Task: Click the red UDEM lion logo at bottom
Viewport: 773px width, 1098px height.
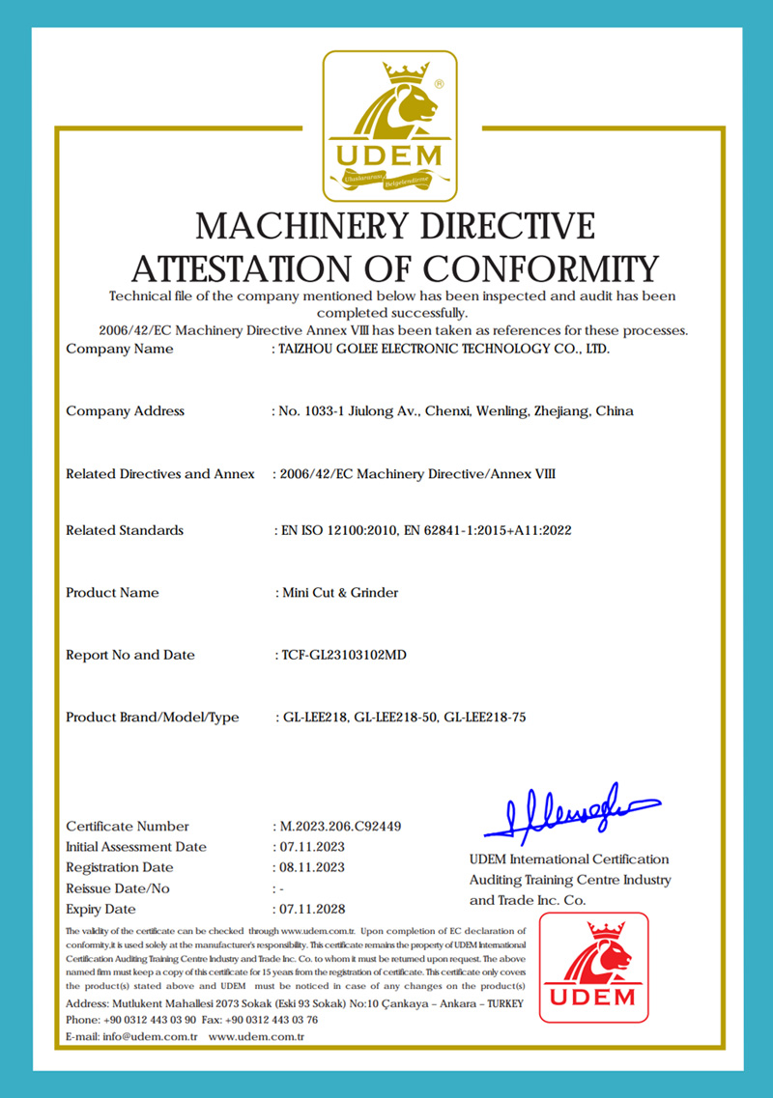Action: point(593,967)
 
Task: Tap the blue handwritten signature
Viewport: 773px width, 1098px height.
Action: point(570,810)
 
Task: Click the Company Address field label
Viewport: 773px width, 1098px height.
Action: point(125,411)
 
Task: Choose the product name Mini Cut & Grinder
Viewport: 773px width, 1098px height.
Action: point(337,593)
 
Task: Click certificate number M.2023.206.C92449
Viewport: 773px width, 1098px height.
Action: point(340,827)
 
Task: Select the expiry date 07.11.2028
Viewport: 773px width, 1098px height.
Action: point(312,910)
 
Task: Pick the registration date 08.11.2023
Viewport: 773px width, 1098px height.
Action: point(312,868)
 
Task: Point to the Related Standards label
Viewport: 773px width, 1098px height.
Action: point(125,530)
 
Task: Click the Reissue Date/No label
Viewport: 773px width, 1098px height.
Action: point(118,888)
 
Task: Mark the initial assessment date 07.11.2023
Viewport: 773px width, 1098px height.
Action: point(312,847)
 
